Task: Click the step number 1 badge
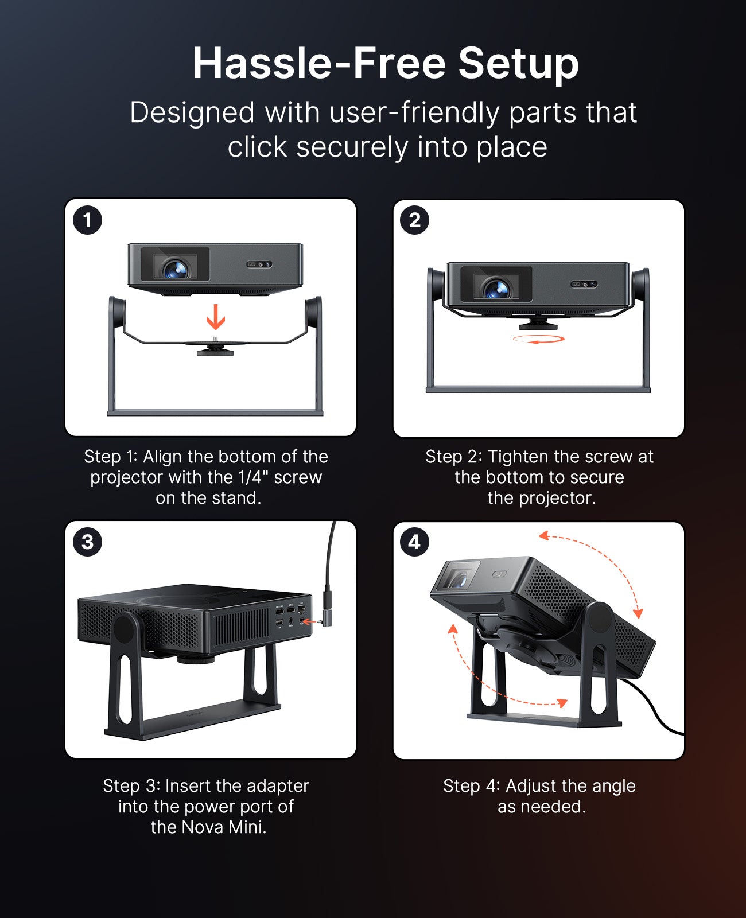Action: pos(87,220)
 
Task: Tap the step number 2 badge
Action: pos(414,220)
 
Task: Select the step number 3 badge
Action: pos(87,542)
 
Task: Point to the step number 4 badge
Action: pos(414,542)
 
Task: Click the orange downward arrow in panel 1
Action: pos(216,317)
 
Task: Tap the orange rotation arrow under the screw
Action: pos(538,339)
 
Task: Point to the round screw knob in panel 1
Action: pos(215,350)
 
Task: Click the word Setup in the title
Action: pos(518,63)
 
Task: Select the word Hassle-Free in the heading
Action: pos(319,63)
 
